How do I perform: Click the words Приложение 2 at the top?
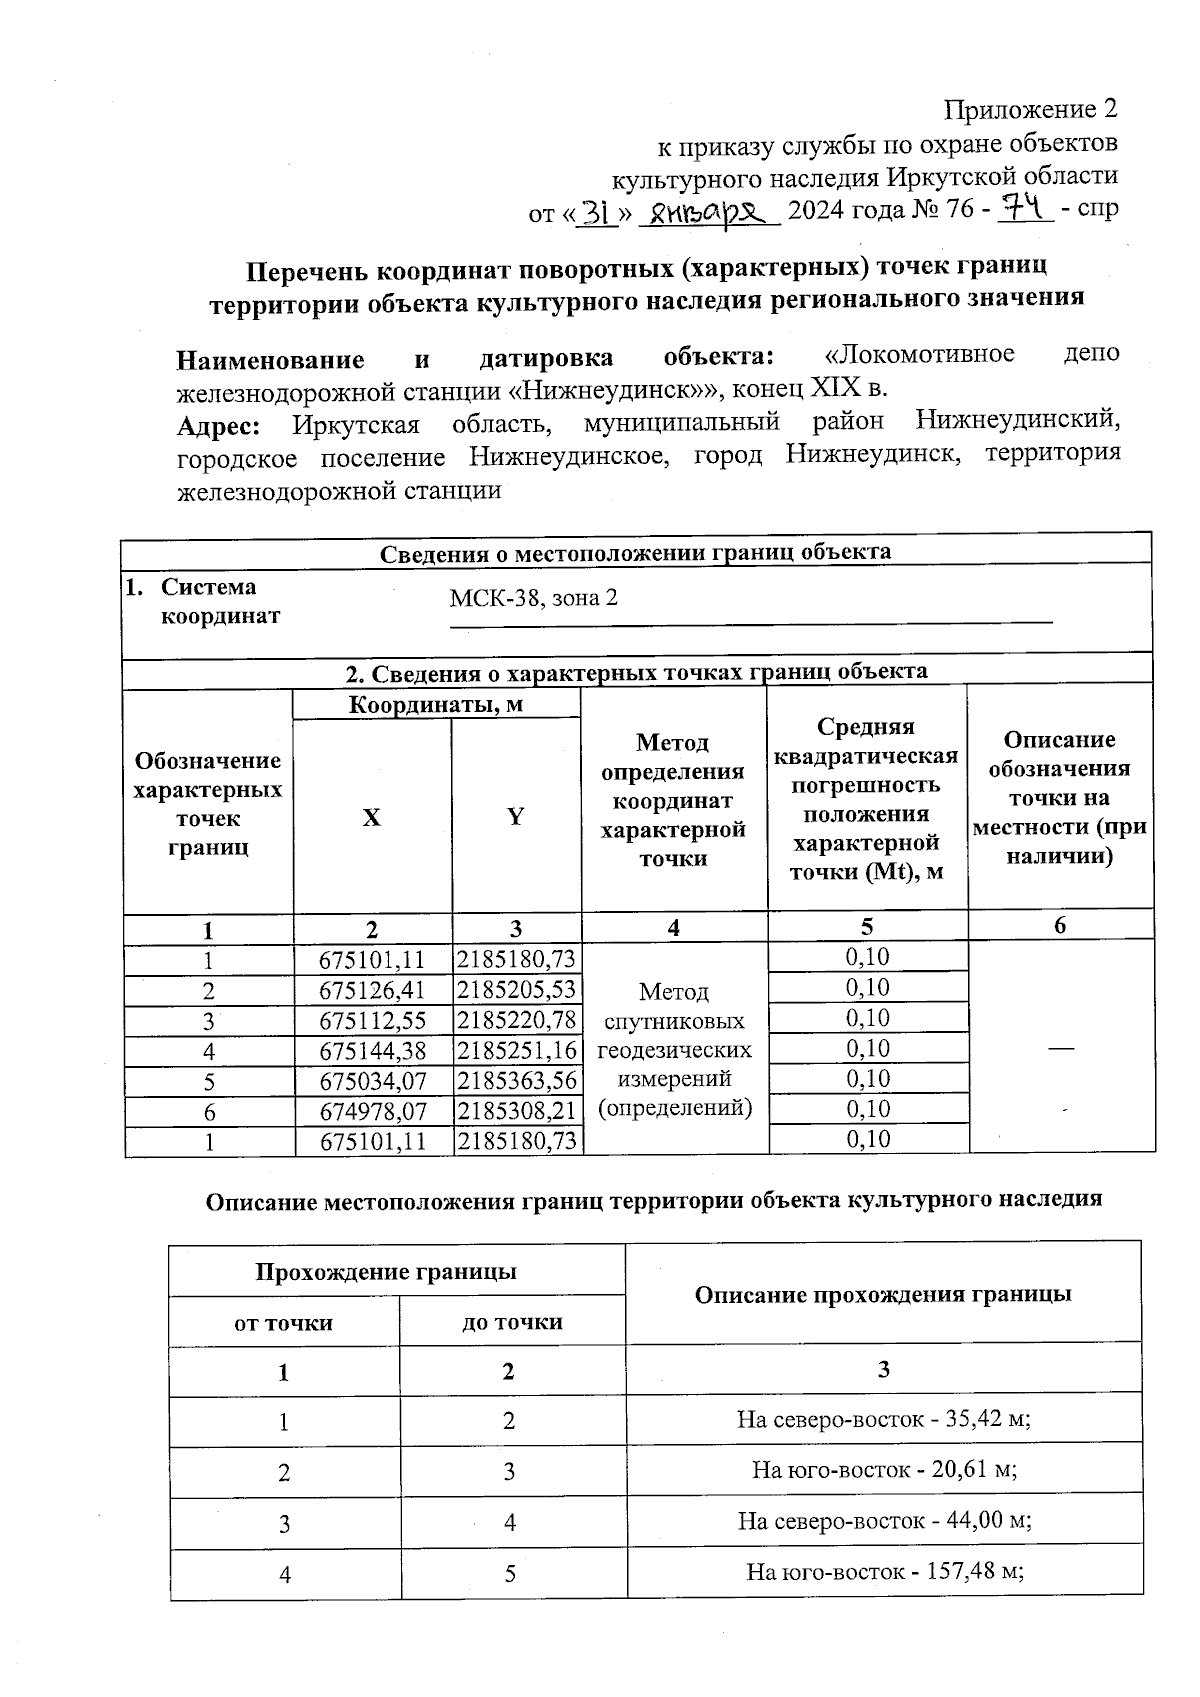(x=1031, y=108)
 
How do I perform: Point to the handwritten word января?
(x=708, y=211)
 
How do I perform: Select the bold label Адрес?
(x=219, y=425)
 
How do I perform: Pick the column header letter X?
(x=371, y=817)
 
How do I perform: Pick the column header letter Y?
(x=515, y=817)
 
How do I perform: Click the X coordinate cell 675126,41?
(x=372, y=991)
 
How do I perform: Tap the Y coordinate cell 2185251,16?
(x=517, y=1051)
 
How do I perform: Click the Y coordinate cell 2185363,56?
(x=517, y=1081)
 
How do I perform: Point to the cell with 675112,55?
(x=372, y=1021)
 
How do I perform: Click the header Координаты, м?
(x=436, y=705)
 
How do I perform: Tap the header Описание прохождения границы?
(x=883, y=1295)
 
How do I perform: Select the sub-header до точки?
(x=512, y=1322)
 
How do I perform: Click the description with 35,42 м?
(x=884, y=1419)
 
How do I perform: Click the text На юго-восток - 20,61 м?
(x=884, y=1470)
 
